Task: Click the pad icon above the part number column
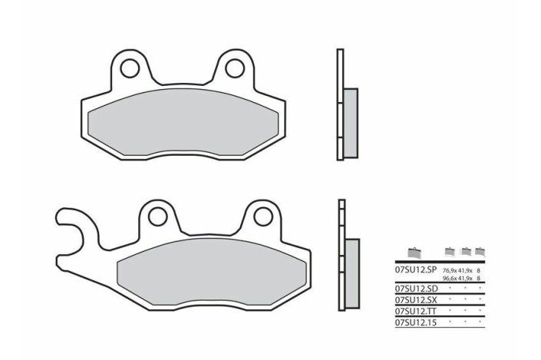(x=414, y=253)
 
